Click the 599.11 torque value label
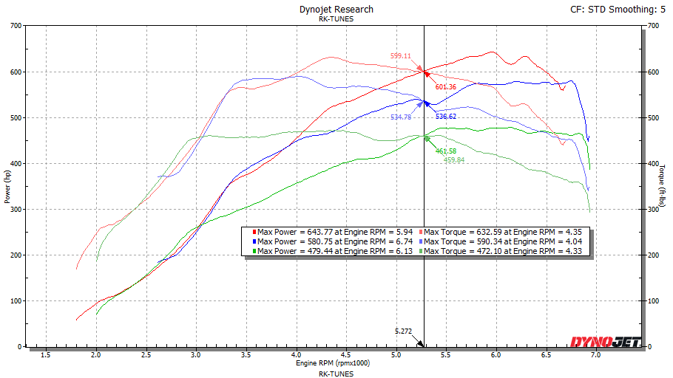pyautogui.click(x=401, y=56)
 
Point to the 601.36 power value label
pyautogui.click(x=446, y=87)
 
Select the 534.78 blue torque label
pyautogui.click(x=401, y=117)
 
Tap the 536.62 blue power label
pyautogui.click(x=446, y=117)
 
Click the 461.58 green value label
pyautogui.click(x=446, y=151)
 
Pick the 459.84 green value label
pyautogui.click(x=454, y=160)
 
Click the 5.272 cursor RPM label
pyautogui.click(x=404, y=331)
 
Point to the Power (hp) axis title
pyautogui.click(x=8, y=187)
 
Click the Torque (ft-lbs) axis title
pyautogui.click(x=663, y=187)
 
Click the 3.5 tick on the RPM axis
pyautogui.click(x=246, y=355)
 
